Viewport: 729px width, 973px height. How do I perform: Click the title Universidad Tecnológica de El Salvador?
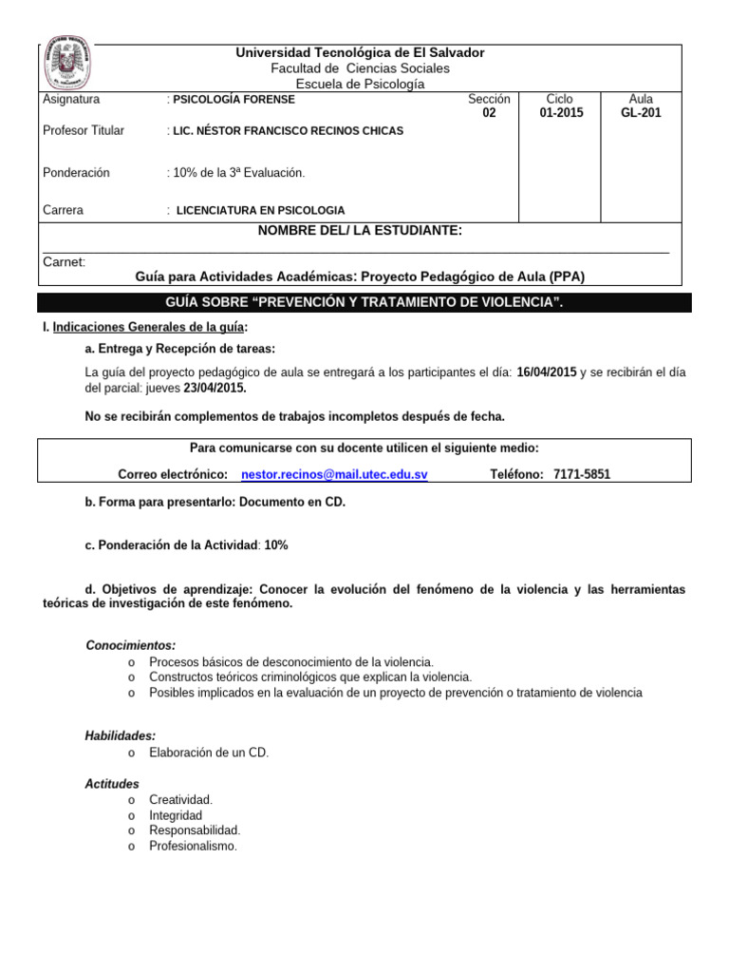(360, 52)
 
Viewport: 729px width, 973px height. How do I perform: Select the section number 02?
(489, 113)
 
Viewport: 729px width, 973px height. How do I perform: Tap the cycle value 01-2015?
(561, 113)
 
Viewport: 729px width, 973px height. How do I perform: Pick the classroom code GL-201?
(641, 113)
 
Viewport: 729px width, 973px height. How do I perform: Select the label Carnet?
(65, 261)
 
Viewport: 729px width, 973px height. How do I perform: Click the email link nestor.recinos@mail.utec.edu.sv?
(334, 474)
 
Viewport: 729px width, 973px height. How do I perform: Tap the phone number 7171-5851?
(582, 474)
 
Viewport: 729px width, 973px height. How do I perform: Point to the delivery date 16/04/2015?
(547, 371)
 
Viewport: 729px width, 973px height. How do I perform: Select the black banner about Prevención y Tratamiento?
(364, 302)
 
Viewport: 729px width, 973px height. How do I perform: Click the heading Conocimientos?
(130, 645)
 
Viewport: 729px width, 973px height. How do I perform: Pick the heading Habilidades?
(121, 735)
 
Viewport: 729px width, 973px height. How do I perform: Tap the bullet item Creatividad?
(181, 800)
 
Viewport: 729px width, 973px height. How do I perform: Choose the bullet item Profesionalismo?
(194, 846)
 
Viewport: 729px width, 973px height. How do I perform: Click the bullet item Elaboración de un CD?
(209, 753)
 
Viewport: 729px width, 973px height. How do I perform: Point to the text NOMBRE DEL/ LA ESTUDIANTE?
(360, 231)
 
